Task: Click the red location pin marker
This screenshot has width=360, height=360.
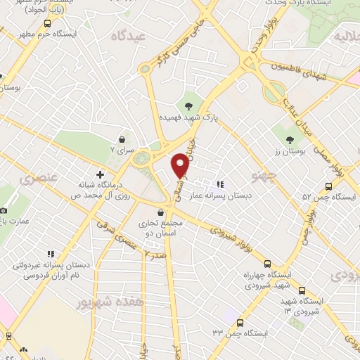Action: coord(181,165)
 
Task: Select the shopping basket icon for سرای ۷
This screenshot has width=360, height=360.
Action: coord(124,139)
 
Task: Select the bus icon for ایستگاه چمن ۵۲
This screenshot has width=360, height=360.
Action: coord(328,186)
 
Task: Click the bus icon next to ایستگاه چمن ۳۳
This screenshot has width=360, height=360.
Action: coord(240,324)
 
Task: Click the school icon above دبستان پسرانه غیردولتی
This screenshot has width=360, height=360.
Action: coord(50,254)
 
